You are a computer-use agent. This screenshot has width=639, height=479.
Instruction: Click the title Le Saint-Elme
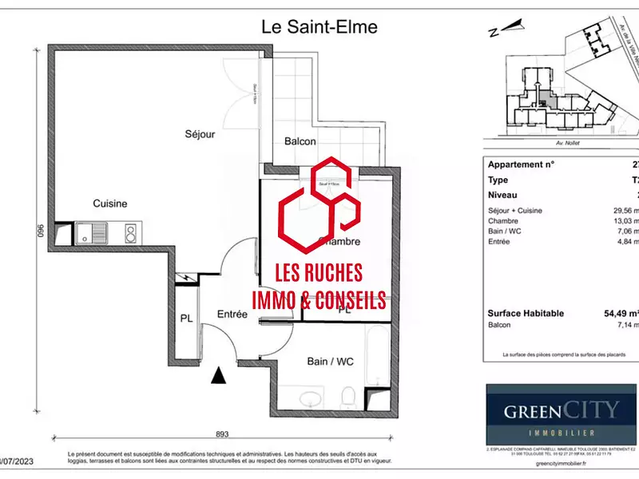tap(319, 26)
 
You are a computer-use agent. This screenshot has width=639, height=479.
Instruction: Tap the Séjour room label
tap(200, 134)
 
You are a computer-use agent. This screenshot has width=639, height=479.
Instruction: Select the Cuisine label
tap(109, 204)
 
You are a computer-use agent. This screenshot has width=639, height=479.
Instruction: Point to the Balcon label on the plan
tap(300, 141)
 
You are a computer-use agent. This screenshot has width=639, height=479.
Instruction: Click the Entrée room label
tap(232, 315)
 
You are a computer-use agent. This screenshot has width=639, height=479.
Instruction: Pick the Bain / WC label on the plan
tap(328, 361)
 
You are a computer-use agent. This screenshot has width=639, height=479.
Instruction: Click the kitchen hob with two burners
tap(129, 233)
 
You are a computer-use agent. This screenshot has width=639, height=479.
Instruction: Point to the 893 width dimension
tap(222, 434)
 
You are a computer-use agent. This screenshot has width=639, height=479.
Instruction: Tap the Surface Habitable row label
tap(526, 314)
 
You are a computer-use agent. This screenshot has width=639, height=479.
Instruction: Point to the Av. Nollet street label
tap(563, 144)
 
